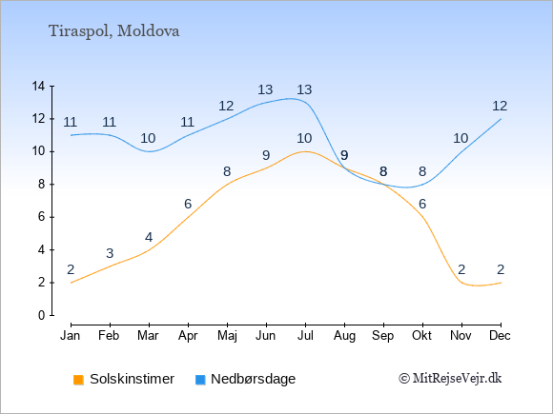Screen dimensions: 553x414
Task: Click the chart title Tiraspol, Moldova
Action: pos(113,31)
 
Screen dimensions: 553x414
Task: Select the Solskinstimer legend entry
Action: pos(124,379)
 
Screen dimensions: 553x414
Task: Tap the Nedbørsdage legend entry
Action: pos(245,379)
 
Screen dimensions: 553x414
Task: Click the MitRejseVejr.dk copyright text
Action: pos(450,379)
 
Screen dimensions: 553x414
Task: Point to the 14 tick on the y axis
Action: pos(38,86)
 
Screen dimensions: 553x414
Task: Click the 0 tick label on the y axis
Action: pos(42,315)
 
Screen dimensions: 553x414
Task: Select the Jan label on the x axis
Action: pos(71,336)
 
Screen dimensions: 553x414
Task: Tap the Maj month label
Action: pos(227,336)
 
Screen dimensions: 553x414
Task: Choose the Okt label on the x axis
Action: pos(421,336)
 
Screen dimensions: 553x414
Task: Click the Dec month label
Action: pos(501,336)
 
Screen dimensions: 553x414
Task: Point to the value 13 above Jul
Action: pos(304,89)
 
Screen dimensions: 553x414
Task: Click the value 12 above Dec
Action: pos(500,106)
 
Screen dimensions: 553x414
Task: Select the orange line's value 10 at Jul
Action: pos(304,138)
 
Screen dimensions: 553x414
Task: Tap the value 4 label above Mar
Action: pos(149,238)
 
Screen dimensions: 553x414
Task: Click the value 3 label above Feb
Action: pos(110,253)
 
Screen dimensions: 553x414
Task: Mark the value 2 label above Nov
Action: pos(461,270)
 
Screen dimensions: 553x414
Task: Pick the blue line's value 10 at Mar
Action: pos(148,138)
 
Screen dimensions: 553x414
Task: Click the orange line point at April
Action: pos(188,217)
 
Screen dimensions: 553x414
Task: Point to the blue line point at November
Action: pos(461,151)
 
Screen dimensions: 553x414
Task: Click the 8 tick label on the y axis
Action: pos(42,184)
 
